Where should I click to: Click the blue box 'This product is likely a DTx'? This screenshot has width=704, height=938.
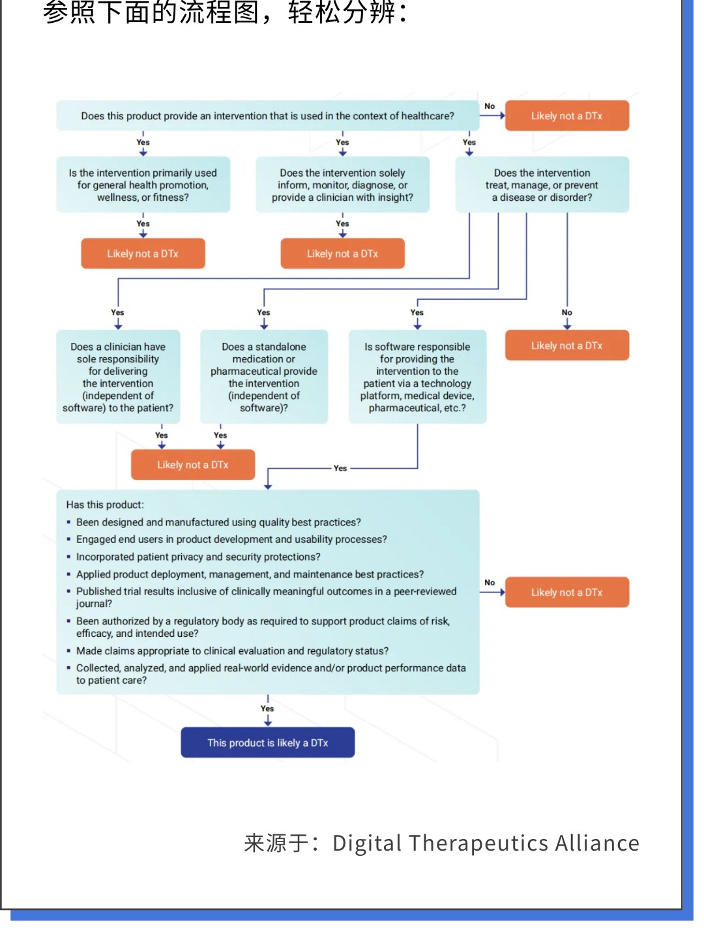coord(267,742)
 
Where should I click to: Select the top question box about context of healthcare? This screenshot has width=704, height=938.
coord(267,115)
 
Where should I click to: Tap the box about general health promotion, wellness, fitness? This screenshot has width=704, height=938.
coord(143,184)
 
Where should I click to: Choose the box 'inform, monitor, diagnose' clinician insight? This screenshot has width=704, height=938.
coord(343,184)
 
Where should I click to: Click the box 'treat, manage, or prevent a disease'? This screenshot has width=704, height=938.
coord(542,184)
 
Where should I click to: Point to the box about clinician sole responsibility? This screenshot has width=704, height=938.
coord(118,377)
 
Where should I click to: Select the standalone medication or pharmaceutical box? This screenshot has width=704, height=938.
coord(264,377)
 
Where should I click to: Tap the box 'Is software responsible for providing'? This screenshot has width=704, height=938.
coord(417,377)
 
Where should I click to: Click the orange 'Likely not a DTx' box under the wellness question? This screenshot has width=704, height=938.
coord(143,254)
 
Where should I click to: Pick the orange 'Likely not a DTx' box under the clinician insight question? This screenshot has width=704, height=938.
coord(343,254)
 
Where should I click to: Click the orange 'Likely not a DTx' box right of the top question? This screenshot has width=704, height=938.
coord(567,115)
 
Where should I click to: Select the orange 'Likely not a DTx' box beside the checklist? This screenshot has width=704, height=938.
coord(567,592)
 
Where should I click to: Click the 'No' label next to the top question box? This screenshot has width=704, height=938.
coord(490,106)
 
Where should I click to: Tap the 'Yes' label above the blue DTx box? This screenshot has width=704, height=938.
coord(267,708)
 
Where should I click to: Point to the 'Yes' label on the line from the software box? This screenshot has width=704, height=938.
coord(340,468)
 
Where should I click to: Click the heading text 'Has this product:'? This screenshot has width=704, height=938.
coord(105,505)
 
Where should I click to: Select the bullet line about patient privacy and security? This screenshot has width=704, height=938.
coord(198,557)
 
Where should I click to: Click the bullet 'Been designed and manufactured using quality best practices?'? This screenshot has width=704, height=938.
coord(218,521)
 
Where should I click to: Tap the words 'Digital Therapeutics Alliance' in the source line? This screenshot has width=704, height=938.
coord(486,843)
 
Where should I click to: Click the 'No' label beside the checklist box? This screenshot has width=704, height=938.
coord(490,582)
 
